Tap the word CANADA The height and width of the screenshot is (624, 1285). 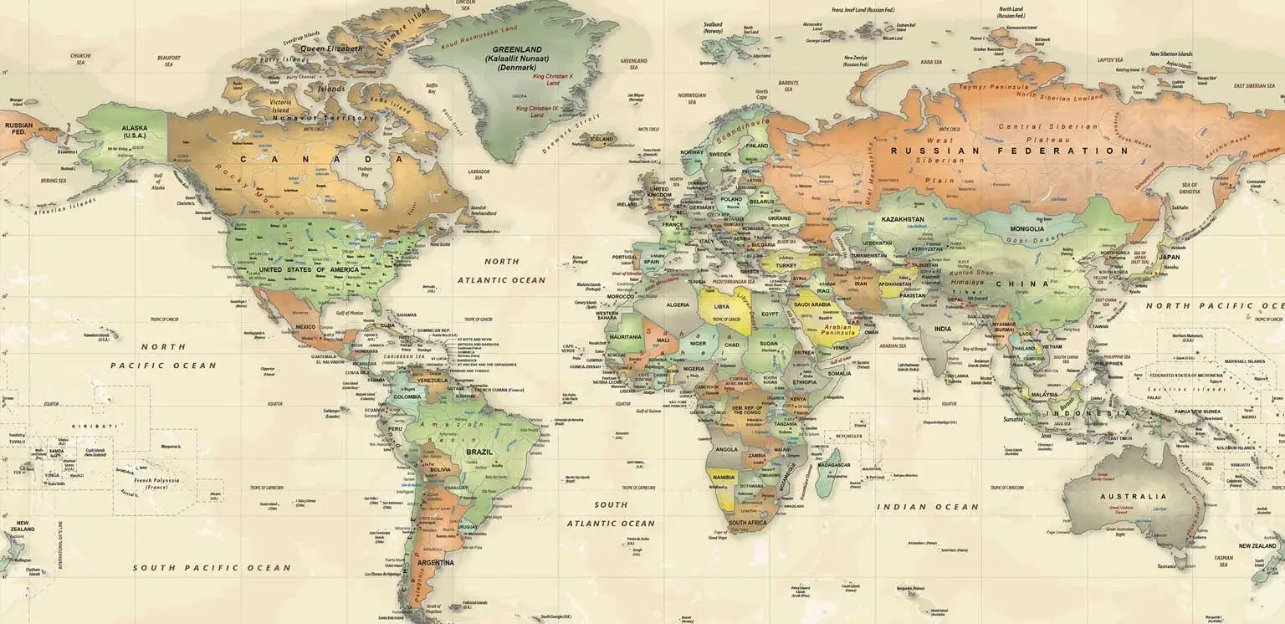[322, 159]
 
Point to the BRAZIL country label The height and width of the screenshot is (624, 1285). [479, 452]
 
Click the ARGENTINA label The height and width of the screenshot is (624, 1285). [435, 562]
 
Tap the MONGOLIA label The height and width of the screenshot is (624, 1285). [1026, 228]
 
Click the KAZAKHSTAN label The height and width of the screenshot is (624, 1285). [902, 219]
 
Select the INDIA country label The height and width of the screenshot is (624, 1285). [942, 329]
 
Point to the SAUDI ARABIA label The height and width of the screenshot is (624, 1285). [811, 305]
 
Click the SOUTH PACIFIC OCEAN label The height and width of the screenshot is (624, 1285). [212, 568]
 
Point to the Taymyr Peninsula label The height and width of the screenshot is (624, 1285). [994, 87]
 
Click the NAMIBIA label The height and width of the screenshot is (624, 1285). [723, 477]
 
